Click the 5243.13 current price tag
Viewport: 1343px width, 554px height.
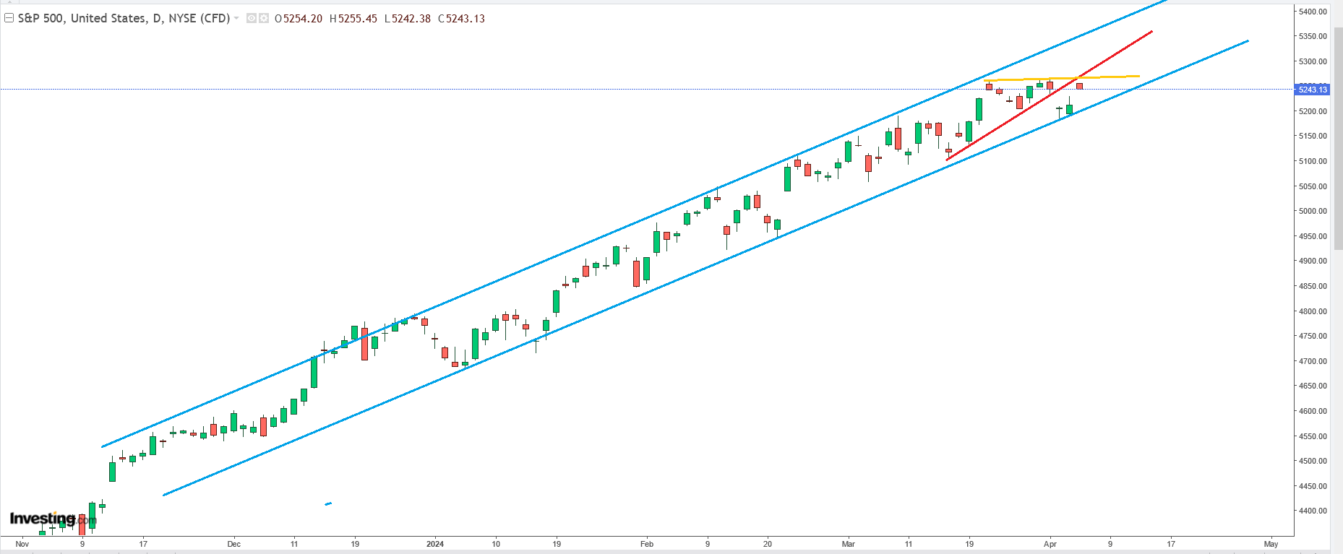pyautogui.click(x=1312, y=90)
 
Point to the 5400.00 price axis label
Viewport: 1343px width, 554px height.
pyautogui.click(x=1313, y=12)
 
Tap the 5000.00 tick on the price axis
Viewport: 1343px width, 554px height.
pyautogui.click(x=1313, y=212)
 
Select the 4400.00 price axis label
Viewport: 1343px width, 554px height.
pyautogui.click(x=1313, y=511)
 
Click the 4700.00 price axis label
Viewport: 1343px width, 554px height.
pyautogui.click(x=1313, y=361)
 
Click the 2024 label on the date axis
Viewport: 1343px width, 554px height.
pyautogui.click(x=435, y=544)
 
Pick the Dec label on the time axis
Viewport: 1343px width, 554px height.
pyautogui.click(x=233, y=544)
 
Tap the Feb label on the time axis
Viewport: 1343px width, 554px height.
pyautogui.click(x=646, y=544)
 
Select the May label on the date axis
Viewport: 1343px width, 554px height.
pyautogui.click(x=1271, y=544)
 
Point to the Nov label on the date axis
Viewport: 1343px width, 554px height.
pyautogui.click(x=22, y=544)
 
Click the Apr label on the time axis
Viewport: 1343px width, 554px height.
pyautogui.click(x=1050, y=544)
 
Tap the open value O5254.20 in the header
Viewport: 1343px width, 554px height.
pyautogui.click(x=299, y=19)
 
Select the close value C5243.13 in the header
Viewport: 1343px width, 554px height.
pyautogui.click(x=461, y=19)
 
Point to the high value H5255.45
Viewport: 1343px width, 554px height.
pyautogui.click(x=353, y=19)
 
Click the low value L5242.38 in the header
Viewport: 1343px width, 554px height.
pyautogui.click(x=407, y=19)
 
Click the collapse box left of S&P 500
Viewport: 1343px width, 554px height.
pyautogui.click(x=9, y=18)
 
